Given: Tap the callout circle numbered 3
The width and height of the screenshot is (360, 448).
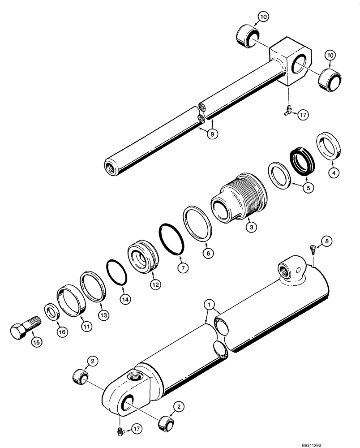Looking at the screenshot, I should pos(252,227).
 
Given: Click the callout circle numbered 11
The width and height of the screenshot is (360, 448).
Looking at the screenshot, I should pos(86,327).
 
